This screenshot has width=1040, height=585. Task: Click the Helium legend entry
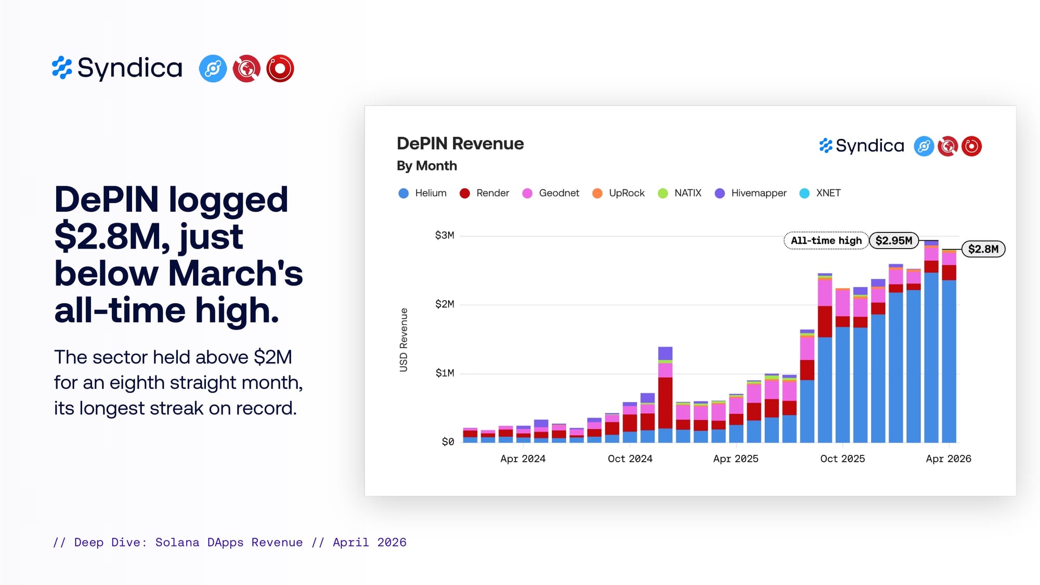tap(422, 193)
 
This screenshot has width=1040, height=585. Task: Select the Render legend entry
tap(484, 193)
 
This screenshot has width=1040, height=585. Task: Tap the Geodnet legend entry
tap(550, 193)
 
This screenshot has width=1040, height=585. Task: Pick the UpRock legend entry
tap(618, 193)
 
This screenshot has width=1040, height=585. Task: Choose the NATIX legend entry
tap(680, 193)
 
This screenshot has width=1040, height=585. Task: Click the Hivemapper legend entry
tap(750, 193)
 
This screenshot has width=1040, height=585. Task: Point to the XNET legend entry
tap(820, 193)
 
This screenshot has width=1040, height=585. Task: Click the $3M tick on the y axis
tap(445, 236)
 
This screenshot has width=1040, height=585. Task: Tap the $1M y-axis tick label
tap(445, 373)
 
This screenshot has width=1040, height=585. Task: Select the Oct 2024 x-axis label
tap(630, 459)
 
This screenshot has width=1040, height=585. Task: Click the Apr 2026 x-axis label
tap(948, 459)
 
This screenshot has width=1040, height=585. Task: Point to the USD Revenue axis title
tap(404, 340)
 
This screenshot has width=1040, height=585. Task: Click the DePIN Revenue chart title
tap(460, 144)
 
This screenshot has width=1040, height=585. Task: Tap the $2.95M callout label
tap(894, 240)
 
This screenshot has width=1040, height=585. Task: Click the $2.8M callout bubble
tap(983, 249)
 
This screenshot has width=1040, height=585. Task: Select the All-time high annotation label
tap(826, 241)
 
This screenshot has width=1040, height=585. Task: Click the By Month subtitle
tap(427, 166)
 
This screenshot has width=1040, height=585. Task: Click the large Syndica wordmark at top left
tap(130, 68)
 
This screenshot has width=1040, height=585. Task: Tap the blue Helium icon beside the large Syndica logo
tap(213, 69)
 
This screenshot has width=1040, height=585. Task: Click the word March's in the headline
tap(236, 274)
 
